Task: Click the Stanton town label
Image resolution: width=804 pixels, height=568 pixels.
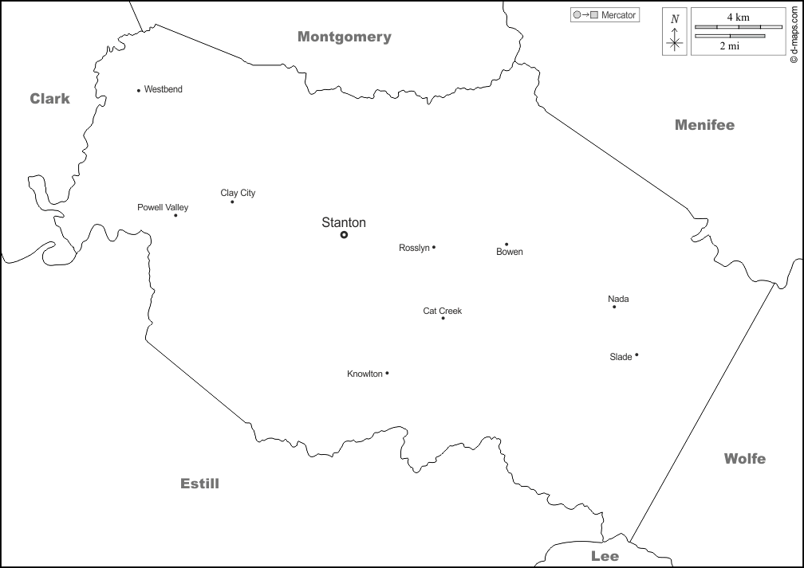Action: pyautogui.click(x=344, y=222)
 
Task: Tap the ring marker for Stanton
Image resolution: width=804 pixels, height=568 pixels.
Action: pyautogui.click(x=344, y=235)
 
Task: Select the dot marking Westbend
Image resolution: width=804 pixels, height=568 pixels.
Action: pyautogui.click(x=139, y=90)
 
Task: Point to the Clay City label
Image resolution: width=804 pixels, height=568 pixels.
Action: pyautogui.click(x=238, y=193)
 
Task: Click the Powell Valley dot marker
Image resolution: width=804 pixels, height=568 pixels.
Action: pyautogui.click(x=175, y=215)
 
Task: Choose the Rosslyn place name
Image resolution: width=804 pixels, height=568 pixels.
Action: pyautogui.click(x=414, y=248)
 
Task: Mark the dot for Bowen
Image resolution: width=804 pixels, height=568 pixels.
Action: pyautogui.click(x=506, y=245)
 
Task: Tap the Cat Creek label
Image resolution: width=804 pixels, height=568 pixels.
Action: pyautogui.click(x=442, y=311)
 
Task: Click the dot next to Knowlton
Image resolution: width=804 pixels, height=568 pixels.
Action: pyautogui.click(x=387, y=373)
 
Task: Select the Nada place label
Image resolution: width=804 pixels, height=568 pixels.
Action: pyautogui.click(x=618, y=299)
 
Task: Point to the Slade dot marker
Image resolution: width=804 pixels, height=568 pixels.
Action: pyautogui.click(x=636, y=355)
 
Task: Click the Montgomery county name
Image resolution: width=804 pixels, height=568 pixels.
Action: pyautogui.click(x=345, y=37)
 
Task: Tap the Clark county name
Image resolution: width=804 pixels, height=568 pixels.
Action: pyautogui.click(x=50, y=99)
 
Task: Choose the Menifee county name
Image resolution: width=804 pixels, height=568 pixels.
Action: pyautogui.click(x=704, y=124)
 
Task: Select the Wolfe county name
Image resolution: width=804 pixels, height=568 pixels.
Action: pyautogui.click(x=744, y=458)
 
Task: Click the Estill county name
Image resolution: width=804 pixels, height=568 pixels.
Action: pyautogui.click(x=199, y=484)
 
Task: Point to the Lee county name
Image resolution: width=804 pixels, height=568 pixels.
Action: pyautogui.click(x=605, y=555)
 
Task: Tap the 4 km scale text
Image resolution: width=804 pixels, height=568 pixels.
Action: pyautogui.click(x=738, y=17)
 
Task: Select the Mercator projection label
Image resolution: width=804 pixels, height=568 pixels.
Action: pyautogui.click(x=618, y=15)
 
